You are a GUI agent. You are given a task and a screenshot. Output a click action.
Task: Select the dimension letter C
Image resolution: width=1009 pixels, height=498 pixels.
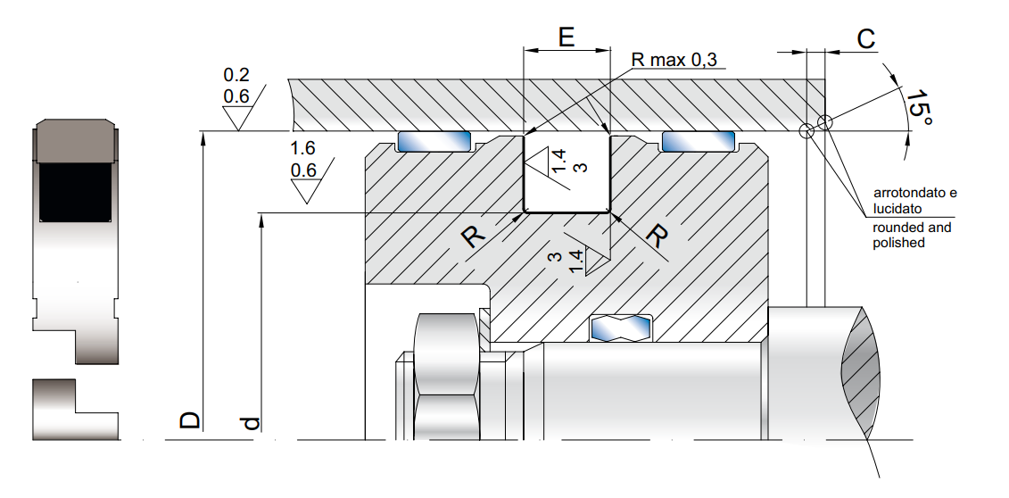point(864,39)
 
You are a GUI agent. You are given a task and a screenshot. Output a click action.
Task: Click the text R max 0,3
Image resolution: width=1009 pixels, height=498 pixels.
point(673,61)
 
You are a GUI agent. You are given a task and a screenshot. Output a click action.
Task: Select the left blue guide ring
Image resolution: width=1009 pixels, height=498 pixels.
point(434,141)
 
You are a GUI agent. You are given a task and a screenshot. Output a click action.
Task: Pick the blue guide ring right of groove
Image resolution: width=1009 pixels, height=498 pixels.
point(698,141)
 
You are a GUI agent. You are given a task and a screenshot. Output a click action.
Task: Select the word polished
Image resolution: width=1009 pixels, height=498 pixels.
point(898,243)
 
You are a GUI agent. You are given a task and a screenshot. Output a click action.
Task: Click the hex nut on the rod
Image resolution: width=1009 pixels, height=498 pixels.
point(446,375)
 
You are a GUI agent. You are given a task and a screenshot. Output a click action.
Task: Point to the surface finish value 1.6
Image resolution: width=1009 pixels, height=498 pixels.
point(304,149)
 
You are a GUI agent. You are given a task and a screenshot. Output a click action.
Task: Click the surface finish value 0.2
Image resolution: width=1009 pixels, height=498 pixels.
point(236,74)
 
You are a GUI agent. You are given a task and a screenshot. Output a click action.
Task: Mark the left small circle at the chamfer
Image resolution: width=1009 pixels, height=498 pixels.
point(806,131)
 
